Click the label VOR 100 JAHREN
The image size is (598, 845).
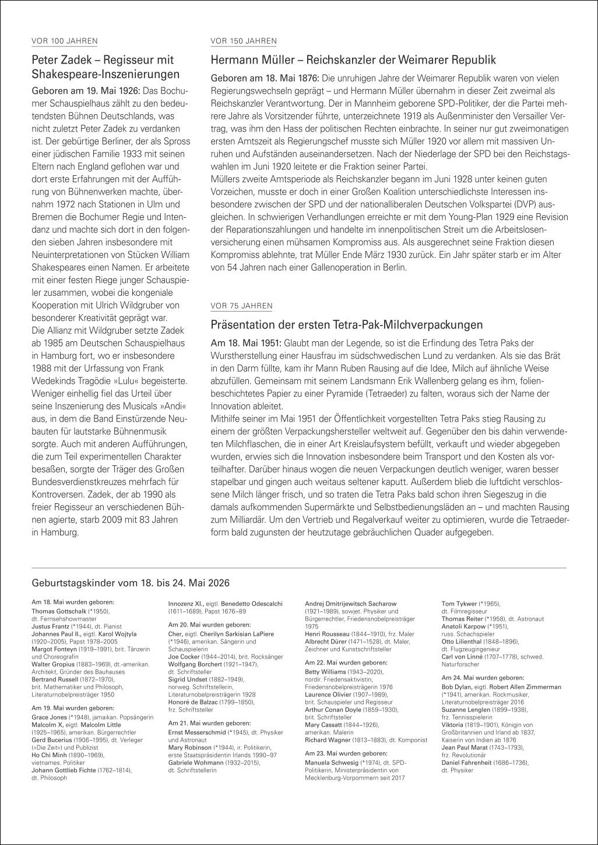click(x=64, y=41)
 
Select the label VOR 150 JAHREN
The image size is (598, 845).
click(x=243, y=41)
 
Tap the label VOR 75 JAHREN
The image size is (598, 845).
click(x=241, y=306)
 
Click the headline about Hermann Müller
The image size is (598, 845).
click(x=353, y=60)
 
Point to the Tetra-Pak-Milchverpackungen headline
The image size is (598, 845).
click(x=346, y=324)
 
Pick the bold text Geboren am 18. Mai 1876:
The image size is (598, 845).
click(x=265, y=78)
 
